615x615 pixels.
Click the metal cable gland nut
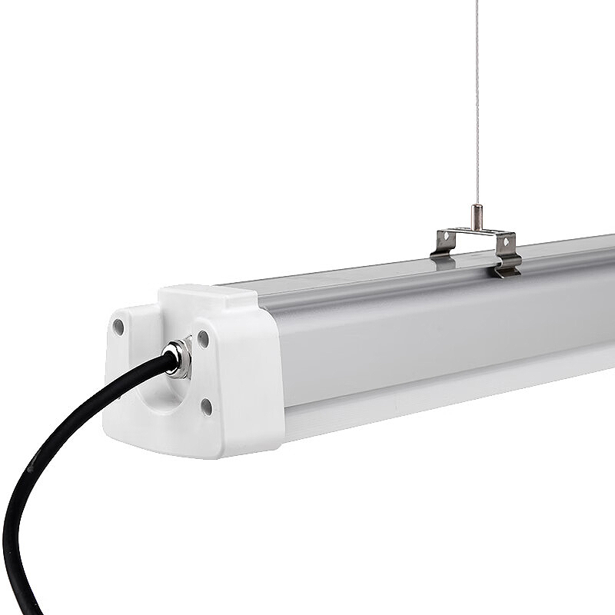179,359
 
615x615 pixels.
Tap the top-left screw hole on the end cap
118,327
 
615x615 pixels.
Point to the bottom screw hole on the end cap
206,407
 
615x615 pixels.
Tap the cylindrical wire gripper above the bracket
477,216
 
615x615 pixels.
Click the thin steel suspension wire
477,100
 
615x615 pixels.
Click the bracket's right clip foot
507,268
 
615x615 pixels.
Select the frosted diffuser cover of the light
430,338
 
